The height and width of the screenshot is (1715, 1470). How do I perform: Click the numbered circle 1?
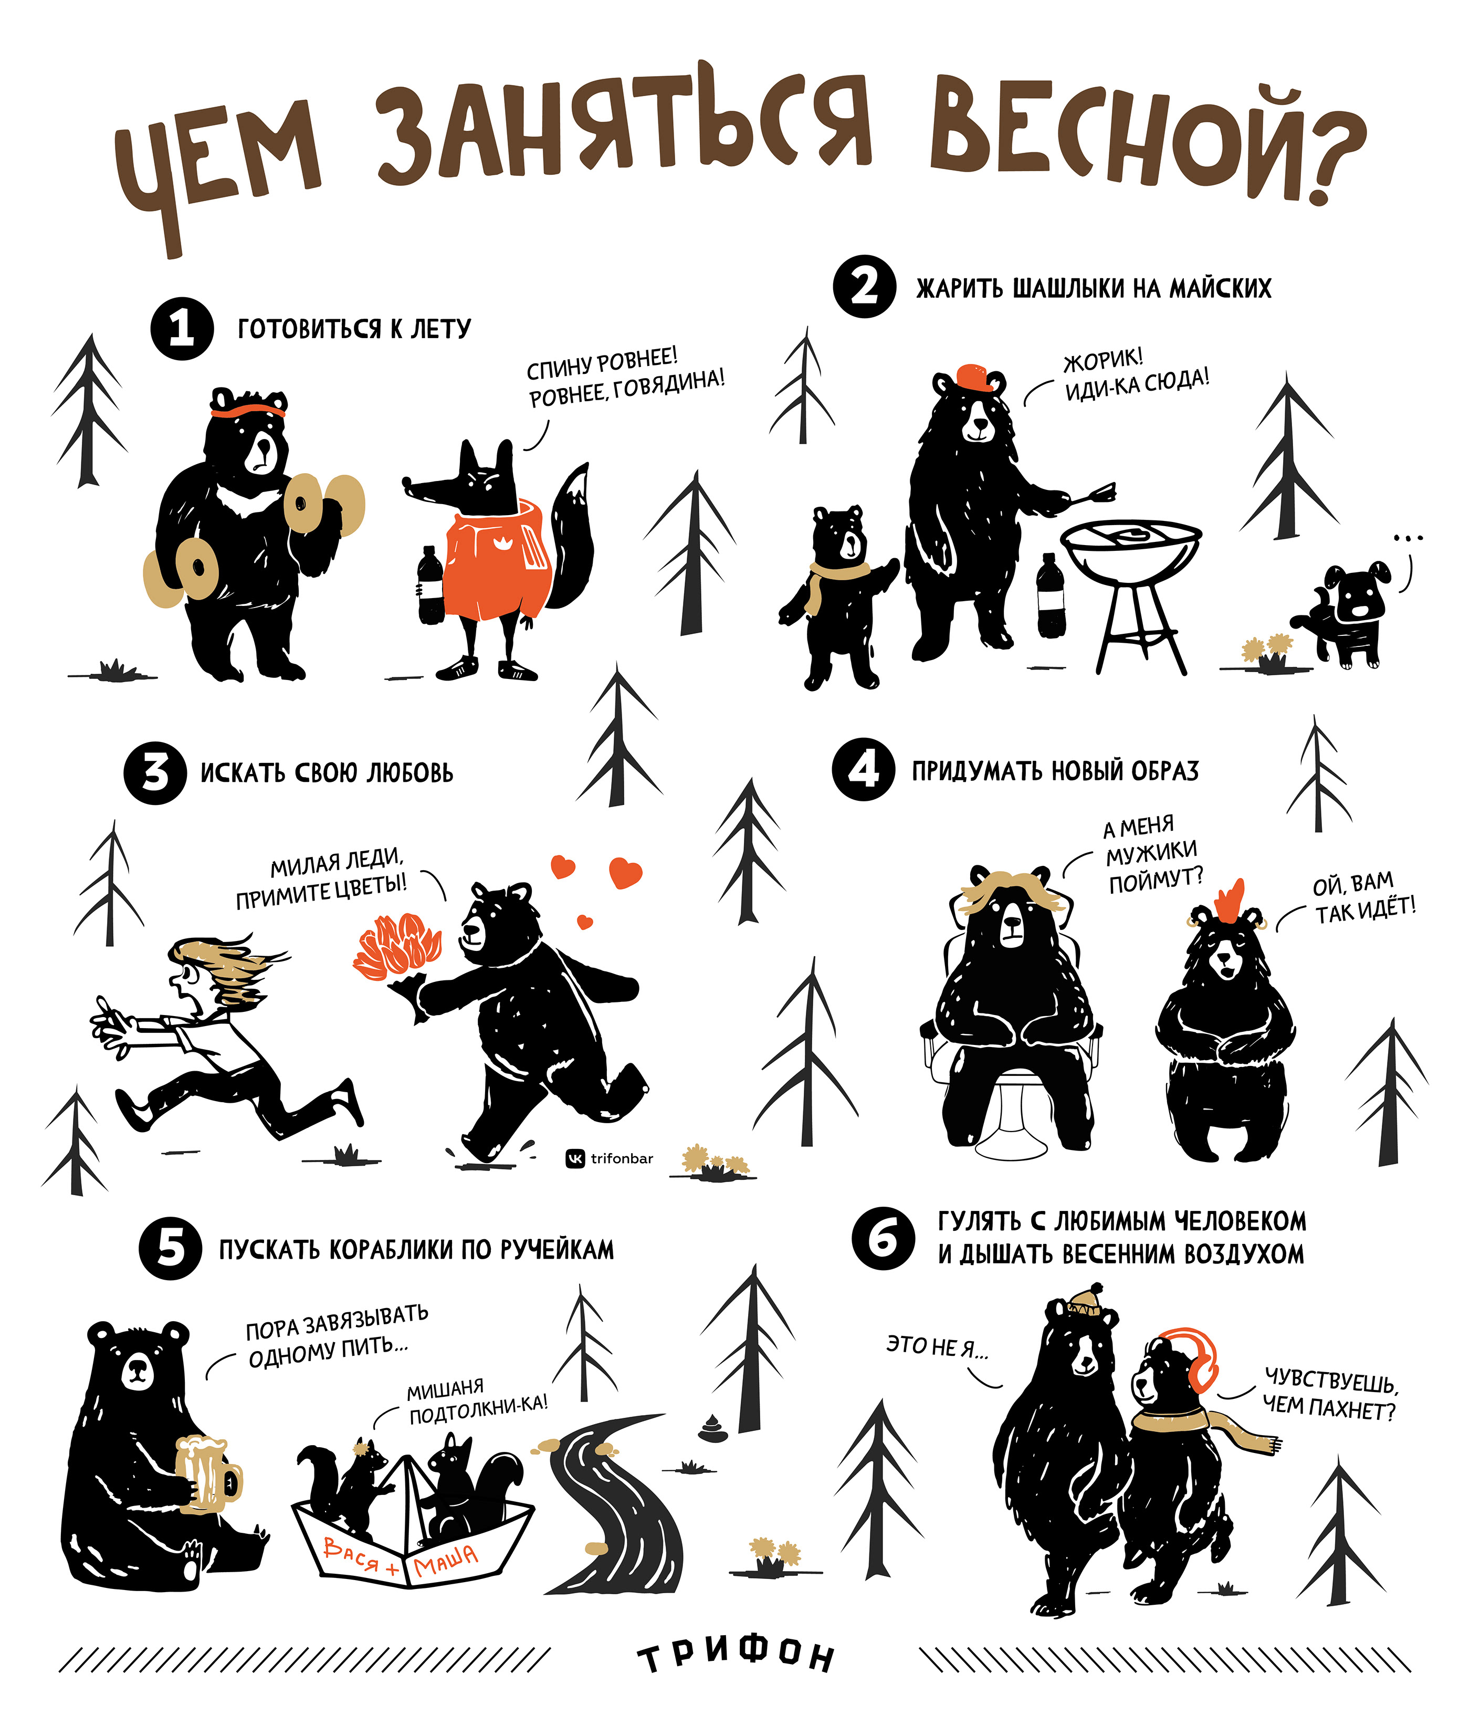(182, 329)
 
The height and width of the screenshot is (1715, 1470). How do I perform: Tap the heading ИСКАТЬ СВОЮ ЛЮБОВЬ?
(327, 772)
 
